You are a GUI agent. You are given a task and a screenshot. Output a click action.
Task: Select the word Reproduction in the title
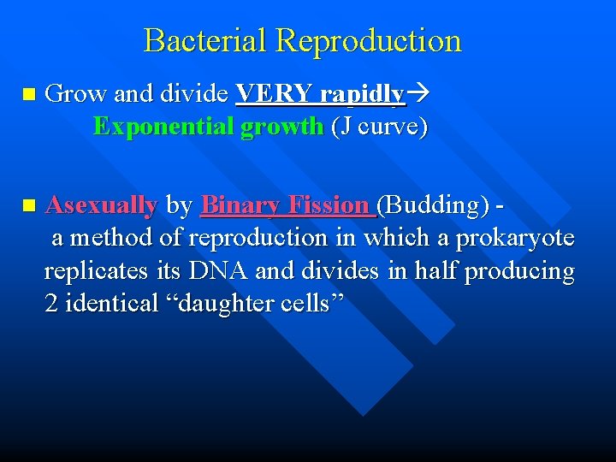(x=370, y=40)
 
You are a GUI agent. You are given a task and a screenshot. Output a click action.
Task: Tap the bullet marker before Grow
(x=31, y=93)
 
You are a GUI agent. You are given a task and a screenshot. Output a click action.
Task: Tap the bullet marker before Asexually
(x=31, y=205)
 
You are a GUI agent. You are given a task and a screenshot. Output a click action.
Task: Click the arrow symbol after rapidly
(x=418, y=94)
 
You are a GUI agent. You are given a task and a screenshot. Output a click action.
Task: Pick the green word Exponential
(x=163, y=127)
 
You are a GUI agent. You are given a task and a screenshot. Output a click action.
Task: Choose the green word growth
(x=281, y=128)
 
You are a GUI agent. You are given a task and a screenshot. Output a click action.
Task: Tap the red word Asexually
(x=101, y=205)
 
